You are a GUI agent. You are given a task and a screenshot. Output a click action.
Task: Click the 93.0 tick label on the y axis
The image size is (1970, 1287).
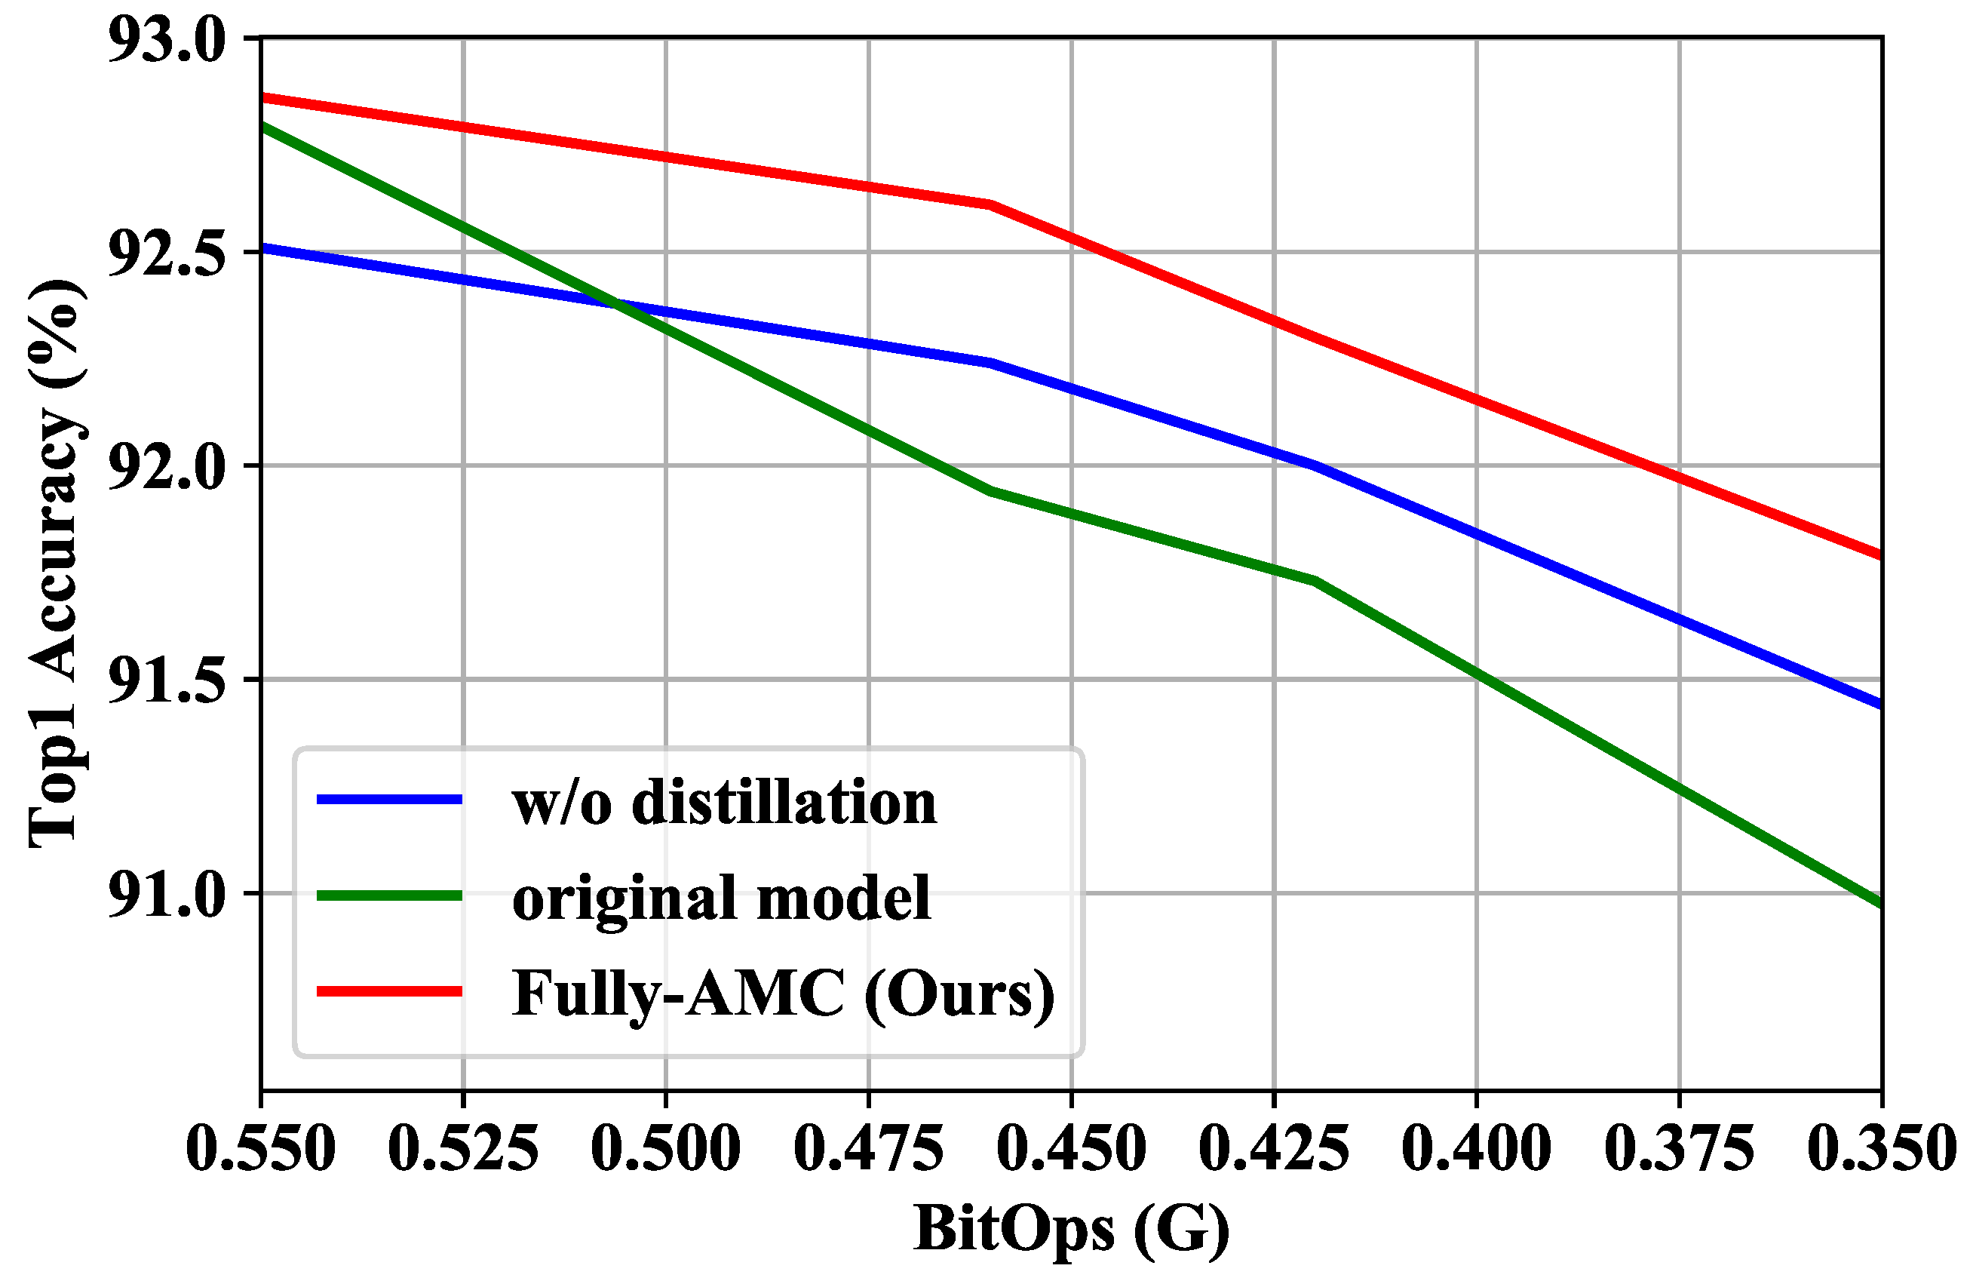[167, 41]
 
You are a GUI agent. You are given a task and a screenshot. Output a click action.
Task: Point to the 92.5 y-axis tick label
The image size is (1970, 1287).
[167, 254]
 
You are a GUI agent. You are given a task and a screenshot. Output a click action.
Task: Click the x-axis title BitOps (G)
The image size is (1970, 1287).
[1071, 1229]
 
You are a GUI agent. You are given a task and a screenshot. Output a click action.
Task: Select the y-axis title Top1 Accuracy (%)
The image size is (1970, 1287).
[57, 564]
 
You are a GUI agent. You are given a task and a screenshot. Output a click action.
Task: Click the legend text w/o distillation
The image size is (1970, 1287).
[724, 803]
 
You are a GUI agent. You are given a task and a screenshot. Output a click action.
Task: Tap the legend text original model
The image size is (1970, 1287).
[721, 898]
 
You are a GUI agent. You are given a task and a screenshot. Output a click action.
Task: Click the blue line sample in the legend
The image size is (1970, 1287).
[389, 800]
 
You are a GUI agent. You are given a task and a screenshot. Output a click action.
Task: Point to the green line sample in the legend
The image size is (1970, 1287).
[389, 895]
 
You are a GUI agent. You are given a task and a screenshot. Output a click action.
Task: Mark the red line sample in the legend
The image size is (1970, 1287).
[389, 991]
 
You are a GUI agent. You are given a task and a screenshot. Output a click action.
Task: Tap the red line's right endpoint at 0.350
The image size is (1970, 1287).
[1879, 555]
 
